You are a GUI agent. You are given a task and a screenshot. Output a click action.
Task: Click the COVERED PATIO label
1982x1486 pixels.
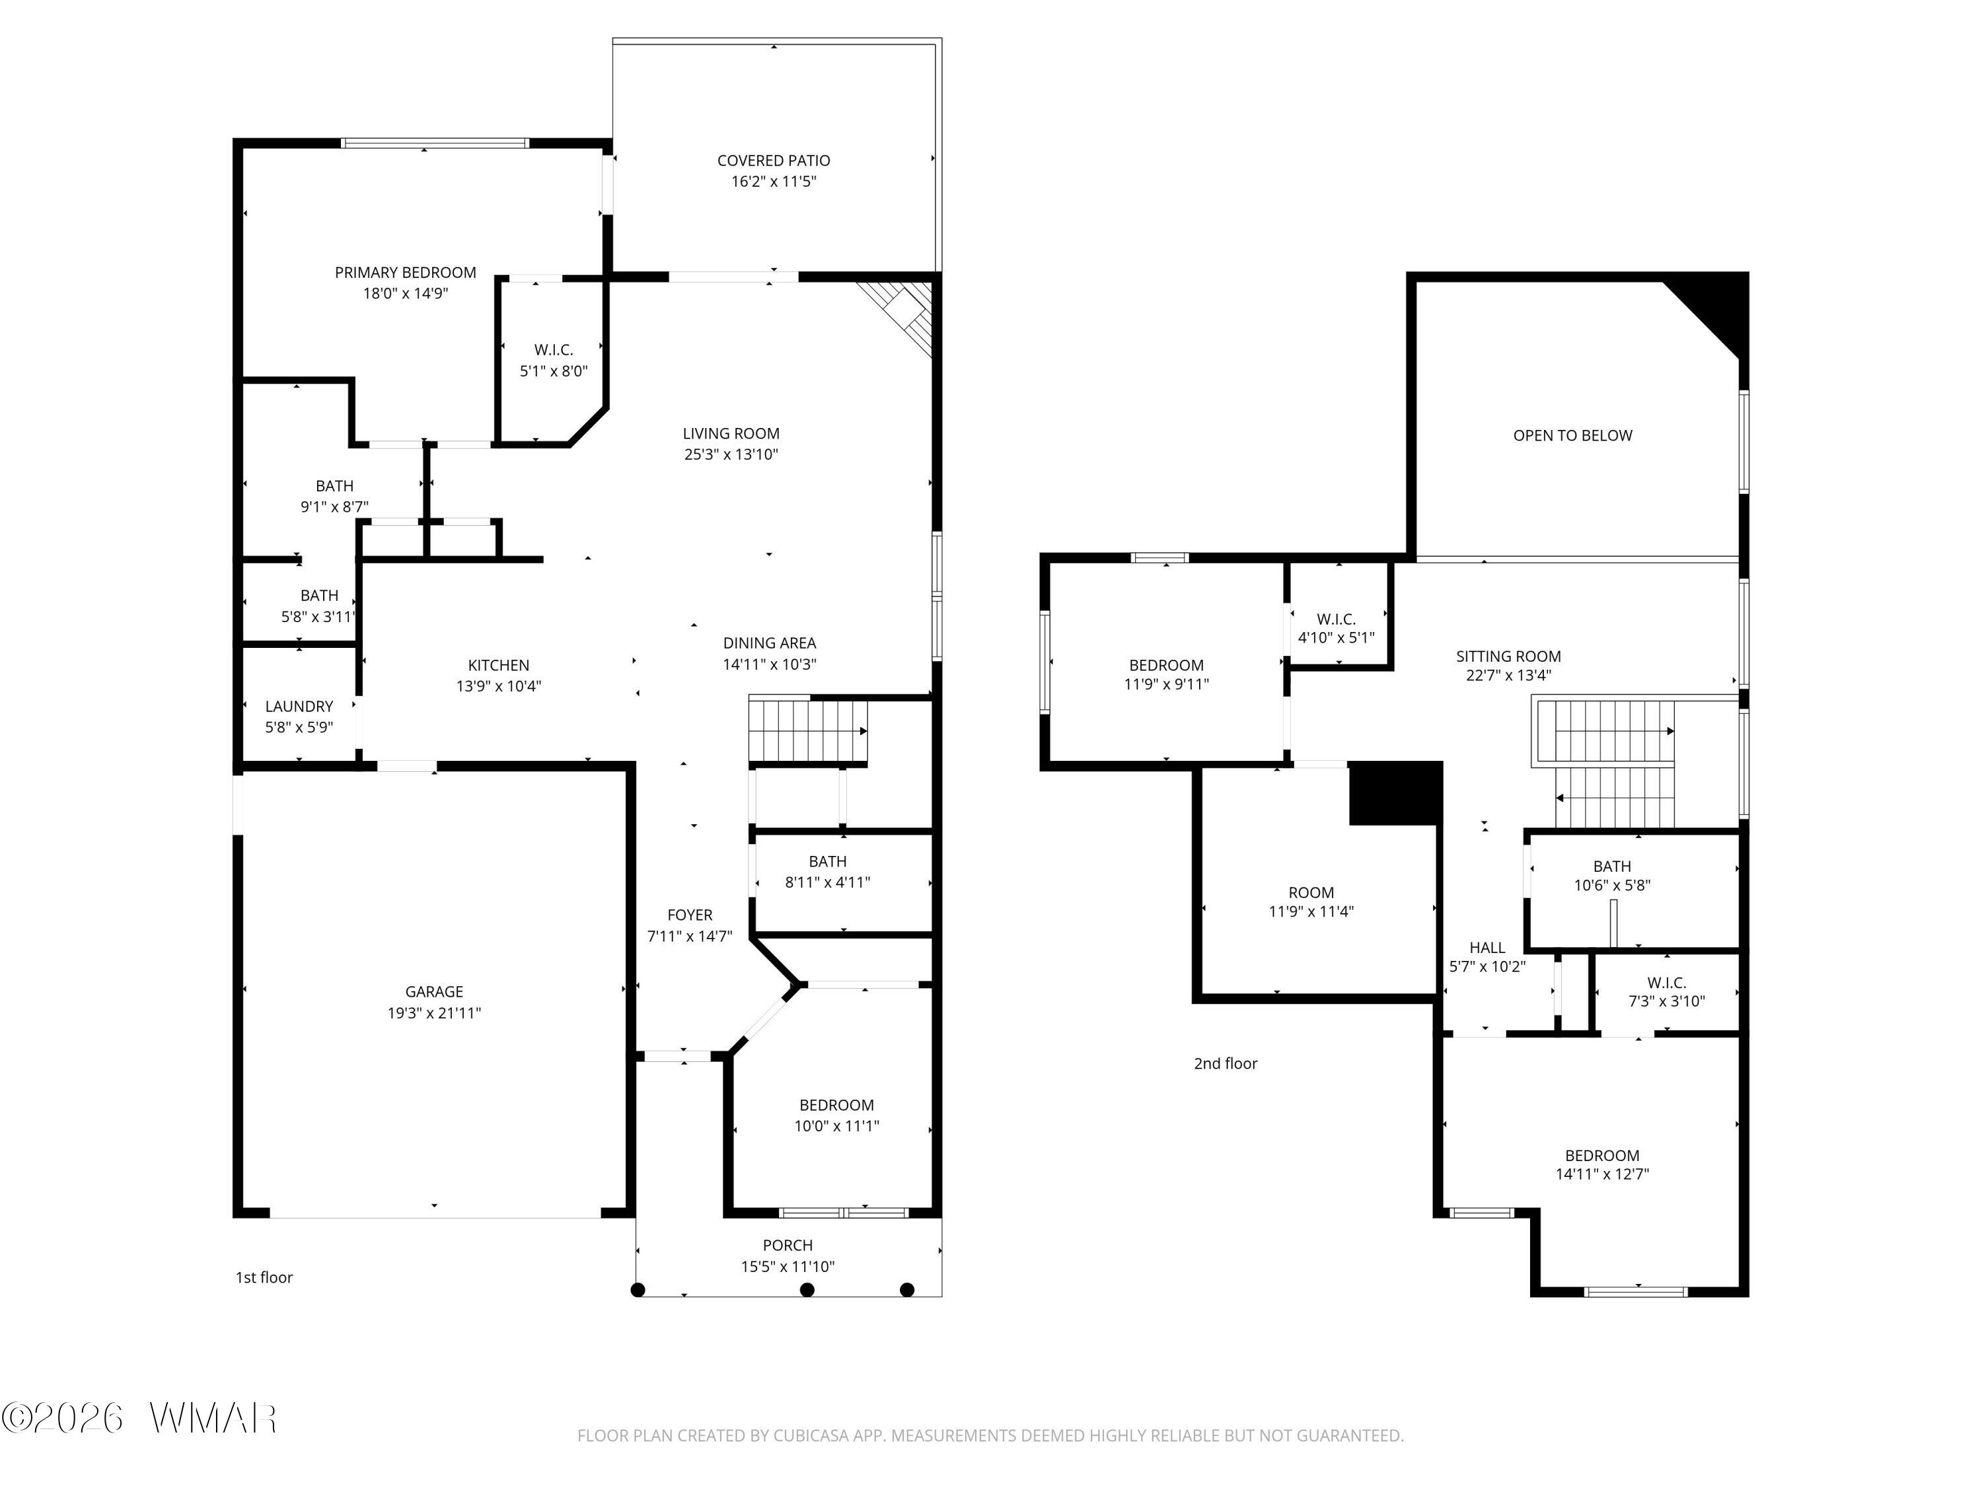[773, 160]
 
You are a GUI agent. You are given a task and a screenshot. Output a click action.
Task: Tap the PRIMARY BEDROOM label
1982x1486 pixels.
[405, 272]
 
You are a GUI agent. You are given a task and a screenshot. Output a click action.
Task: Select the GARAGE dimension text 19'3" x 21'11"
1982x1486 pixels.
[433, 1013]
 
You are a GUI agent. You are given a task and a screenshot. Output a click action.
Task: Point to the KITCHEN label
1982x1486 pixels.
[498, 664]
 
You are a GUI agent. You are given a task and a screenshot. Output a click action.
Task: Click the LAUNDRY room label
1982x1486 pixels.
[299, 707]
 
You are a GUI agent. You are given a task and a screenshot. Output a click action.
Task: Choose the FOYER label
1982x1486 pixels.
[690, 915]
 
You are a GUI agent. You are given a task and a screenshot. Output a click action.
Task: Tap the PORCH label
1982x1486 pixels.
[788, 1245]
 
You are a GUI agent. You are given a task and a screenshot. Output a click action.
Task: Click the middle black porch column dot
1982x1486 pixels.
[807, 1290]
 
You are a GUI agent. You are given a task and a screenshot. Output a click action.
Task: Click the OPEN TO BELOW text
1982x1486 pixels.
[1572, 435]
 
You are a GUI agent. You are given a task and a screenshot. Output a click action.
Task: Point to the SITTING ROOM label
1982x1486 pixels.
[1508, 656]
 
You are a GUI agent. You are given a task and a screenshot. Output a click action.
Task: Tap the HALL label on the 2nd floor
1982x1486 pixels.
[1487, 947]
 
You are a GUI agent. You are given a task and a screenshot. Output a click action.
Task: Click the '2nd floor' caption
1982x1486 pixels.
[1225, 1063]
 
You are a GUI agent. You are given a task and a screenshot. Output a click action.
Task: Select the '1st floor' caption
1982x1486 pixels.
[264, 1277]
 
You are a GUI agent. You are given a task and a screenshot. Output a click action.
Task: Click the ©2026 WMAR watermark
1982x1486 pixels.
[139, 1418]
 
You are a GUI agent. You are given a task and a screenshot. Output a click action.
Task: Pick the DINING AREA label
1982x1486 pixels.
[770, 642]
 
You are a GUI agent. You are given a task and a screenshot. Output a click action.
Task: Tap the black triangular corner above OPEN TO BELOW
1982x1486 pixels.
[1716, 309]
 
